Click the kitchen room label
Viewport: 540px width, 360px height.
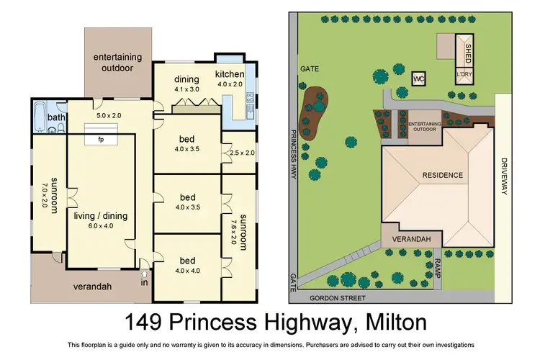[230, 75]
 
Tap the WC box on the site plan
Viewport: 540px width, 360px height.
[418, 78]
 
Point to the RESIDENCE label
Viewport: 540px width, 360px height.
[442, 175]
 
